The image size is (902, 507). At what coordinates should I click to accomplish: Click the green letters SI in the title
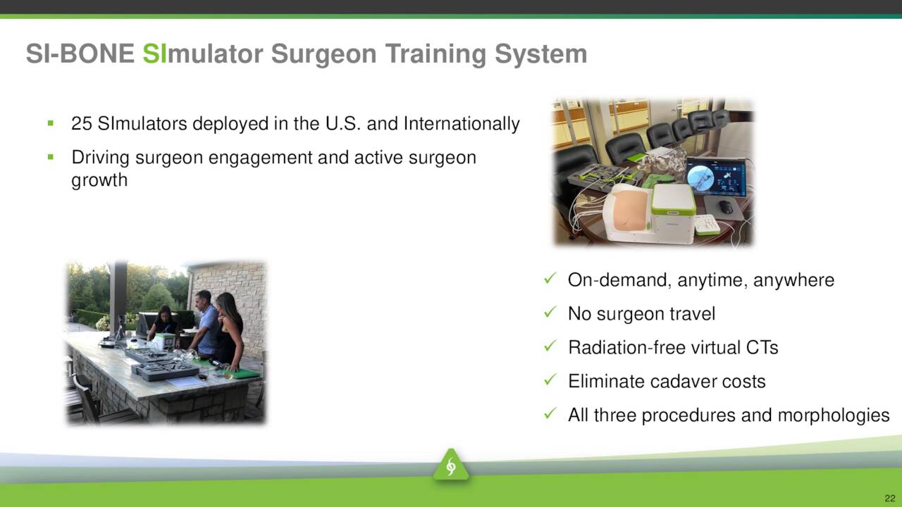coord(154,54)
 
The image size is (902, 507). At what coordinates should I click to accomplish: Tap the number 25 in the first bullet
coord(82,123)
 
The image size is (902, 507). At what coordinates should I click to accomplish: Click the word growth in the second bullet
coord(99,180)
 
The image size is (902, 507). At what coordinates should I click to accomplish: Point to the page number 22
coord(890,498)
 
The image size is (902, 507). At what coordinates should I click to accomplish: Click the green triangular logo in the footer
coord(451,465)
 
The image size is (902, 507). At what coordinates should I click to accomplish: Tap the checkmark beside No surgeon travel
coord(550,312)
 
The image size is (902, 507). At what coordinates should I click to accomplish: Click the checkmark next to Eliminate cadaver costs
coord(550,380)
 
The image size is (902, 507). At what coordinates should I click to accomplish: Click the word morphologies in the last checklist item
coord(833,416)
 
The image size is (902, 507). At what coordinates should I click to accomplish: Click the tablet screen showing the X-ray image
coord(716,177)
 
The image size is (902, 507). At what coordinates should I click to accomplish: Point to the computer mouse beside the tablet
coord(726,206)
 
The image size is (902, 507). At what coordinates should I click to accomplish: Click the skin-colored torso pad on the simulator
coord(630,210)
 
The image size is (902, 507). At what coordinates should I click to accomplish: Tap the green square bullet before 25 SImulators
coord(50,123)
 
